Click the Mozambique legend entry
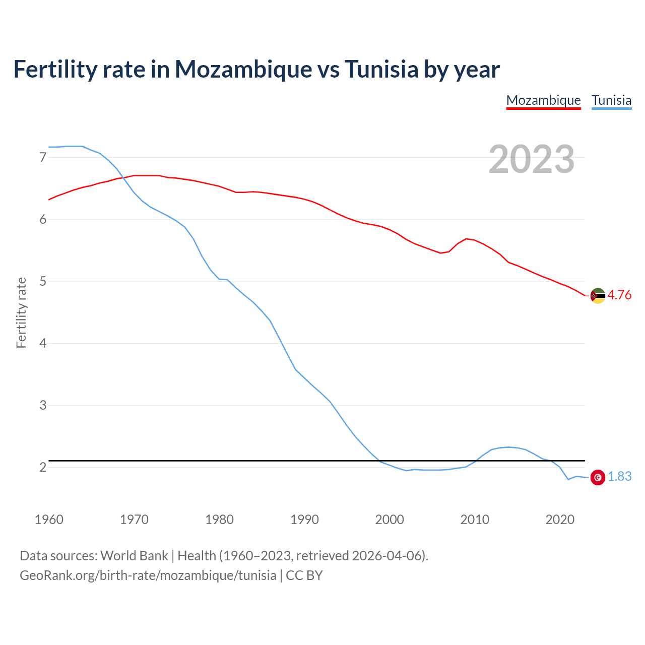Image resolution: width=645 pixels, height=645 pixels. pyautogui.click(x=543, y=100)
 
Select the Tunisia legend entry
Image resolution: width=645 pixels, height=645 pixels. pyautogui.click(x=611, y=100)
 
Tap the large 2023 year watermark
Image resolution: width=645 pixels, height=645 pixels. pyautogui.click(x=531, y=159)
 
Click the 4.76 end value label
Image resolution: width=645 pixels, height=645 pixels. pyautogui.click(x=619, y=295)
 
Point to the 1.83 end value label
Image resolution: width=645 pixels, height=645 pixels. pyautogui.click(x=619, y=477)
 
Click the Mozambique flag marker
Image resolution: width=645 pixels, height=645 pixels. pyautogui.click(x=598, y=296)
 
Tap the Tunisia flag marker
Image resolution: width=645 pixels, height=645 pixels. pyautogui.click(x=598, y=477)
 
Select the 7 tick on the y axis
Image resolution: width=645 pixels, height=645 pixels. pyautogui.click(x=43, y=157)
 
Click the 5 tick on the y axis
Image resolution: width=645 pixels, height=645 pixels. pyautogui.click(x=43, y=281)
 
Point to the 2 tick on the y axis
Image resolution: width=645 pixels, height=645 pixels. pyautogui.click(x=43, y=467)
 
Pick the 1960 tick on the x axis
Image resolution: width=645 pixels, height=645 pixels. pyautogui.click(x=49, y=520)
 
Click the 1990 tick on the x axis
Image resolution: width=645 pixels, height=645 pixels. pyautogui.click(x=304, y=520)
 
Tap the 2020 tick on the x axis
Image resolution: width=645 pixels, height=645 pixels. pyautogui.click(x=560, y=520)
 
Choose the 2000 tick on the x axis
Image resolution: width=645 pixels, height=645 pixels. pyautogui.click(x=390, y=520)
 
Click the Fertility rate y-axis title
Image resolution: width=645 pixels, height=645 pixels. pyautogui.click(x=21, y=312)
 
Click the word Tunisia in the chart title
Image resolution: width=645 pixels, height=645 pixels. pyautogui.click(x=381, y=69)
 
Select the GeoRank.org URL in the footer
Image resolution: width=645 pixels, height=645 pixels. pyautogui.click(x=148, y=575)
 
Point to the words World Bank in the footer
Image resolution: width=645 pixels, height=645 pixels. pyautogui.click(x=134, y=556)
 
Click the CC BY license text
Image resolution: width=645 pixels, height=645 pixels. pyautogui.click(x=304, y=575)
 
